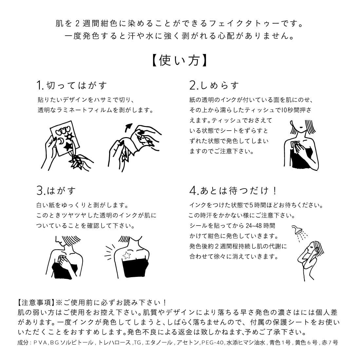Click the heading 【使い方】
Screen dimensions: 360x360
pyautogui.click(x=180, y=60)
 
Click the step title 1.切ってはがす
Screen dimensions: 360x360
pyautogui.click(x=72, y=86)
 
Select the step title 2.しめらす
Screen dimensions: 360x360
pyautogui.click(x=214, y=86)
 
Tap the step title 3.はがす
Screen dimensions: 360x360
pyautogui.click(x=56, y=190)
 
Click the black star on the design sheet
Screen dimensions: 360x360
pyautogui.click(x=68, y=146)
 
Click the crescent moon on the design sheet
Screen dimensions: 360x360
pyautogui.click(x=61, y=141)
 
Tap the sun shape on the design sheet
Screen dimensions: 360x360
pyautogui.click(x=69, y=135)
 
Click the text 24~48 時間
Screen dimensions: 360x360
pyautogui.click(x=261, y=225)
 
